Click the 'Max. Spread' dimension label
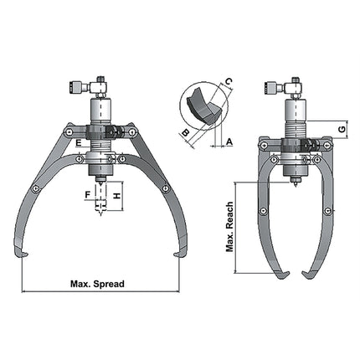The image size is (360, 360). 98,284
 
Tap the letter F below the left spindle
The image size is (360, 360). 87,195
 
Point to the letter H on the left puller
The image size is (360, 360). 117,194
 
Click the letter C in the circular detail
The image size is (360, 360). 227,80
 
